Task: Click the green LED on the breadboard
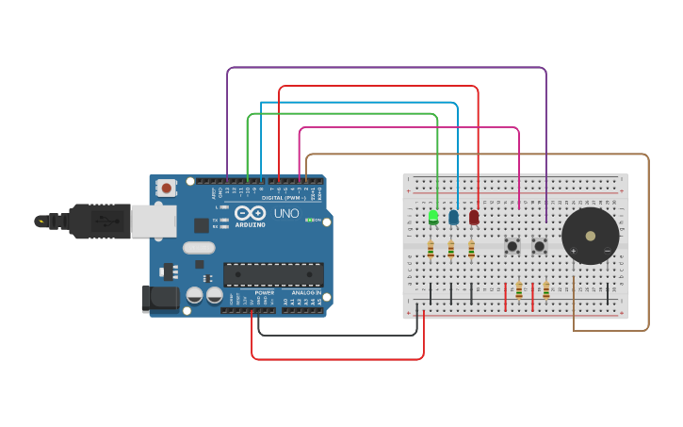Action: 433,217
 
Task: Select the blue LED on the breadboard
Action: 453,217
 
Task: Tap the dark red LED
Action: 474,217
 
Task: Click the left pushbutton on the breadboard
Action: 512,246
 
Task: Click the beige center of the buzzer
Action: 591,236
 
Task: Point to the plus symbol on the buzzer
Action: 574,251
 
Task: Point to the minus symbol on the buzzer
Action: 607,251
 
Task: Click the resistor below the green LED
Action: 431,249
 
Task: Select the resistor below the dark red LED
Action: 471,249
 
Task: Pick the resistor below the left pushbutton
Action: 518,289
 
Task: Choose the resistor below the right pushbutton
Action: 545,289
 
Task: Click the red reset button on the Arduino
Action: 167,189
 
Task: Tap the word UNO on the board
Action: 286,214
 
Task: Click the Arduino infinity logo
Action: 251,213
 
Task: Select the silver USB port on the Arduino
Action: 153,222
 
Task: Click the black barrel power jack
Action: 158,299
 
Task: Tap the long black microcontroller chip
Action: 273,274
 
